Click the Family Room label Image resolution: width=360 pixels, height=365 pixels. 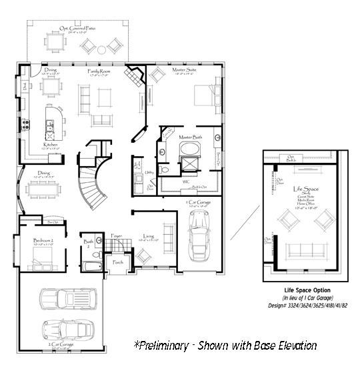coord(100,70)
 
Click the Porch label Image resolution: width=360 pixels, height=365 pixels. coord(118,262)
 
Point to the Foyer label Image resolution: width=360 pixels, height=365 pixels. coord(117,234)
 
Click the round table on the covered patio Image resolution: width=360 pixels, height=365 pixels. coord(102,48)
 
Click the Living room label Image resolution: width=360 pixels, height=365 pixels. coord(149,236)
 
